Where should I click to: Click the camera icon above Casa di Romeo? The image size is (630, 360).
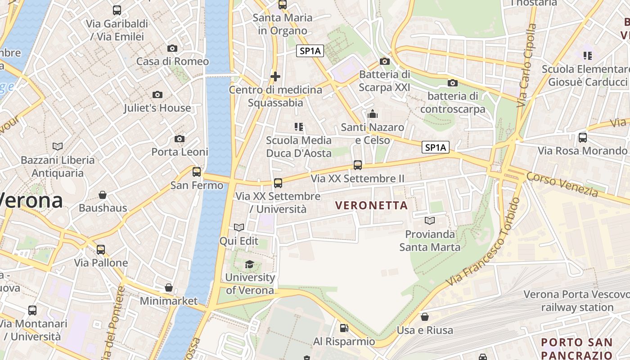pos(172,49)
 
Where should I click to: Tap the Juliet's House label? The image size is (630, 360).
pos(157,108)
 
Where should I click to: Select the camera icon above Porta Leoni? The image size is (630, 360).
pos(180,139)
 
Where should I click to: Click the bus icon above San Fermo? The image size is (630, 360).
pos(197,171)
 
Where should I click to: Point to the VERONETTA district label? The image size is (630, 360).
pos(371,206)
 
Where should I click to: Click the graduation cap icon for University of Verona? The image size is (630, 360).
pos(249,265)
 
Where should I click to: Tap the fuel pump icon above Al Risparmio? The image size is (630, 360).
pos(344,328)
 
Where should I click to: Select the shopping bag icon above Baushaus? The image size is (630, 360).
pos(103,195)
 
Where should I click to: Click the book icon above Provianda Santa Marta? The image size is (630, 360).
pos(430,220)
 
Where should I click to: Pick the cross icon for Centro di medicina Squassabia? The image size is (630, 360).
pos(275,76)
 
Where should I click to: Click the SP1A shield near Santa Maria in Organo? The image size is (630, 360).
pos(310,51)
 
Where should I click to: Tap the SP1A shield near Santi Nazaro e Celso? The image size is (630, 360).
pos(436,147)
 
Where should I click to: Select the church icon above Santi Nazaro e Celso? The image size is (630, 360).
pos(372,114)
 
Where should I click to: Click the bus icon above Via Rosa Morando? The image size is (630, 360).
pos(583,138)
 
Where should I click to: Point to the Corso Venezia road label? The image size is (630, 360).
pos(562,184)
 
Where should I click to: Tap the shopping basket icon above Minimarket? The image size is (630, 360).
pos(169,288)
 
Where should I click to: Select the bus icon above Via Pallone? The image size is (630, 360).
pos(101,249)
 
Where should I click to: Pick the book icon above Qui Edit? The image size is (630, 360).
pos(239,228)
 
